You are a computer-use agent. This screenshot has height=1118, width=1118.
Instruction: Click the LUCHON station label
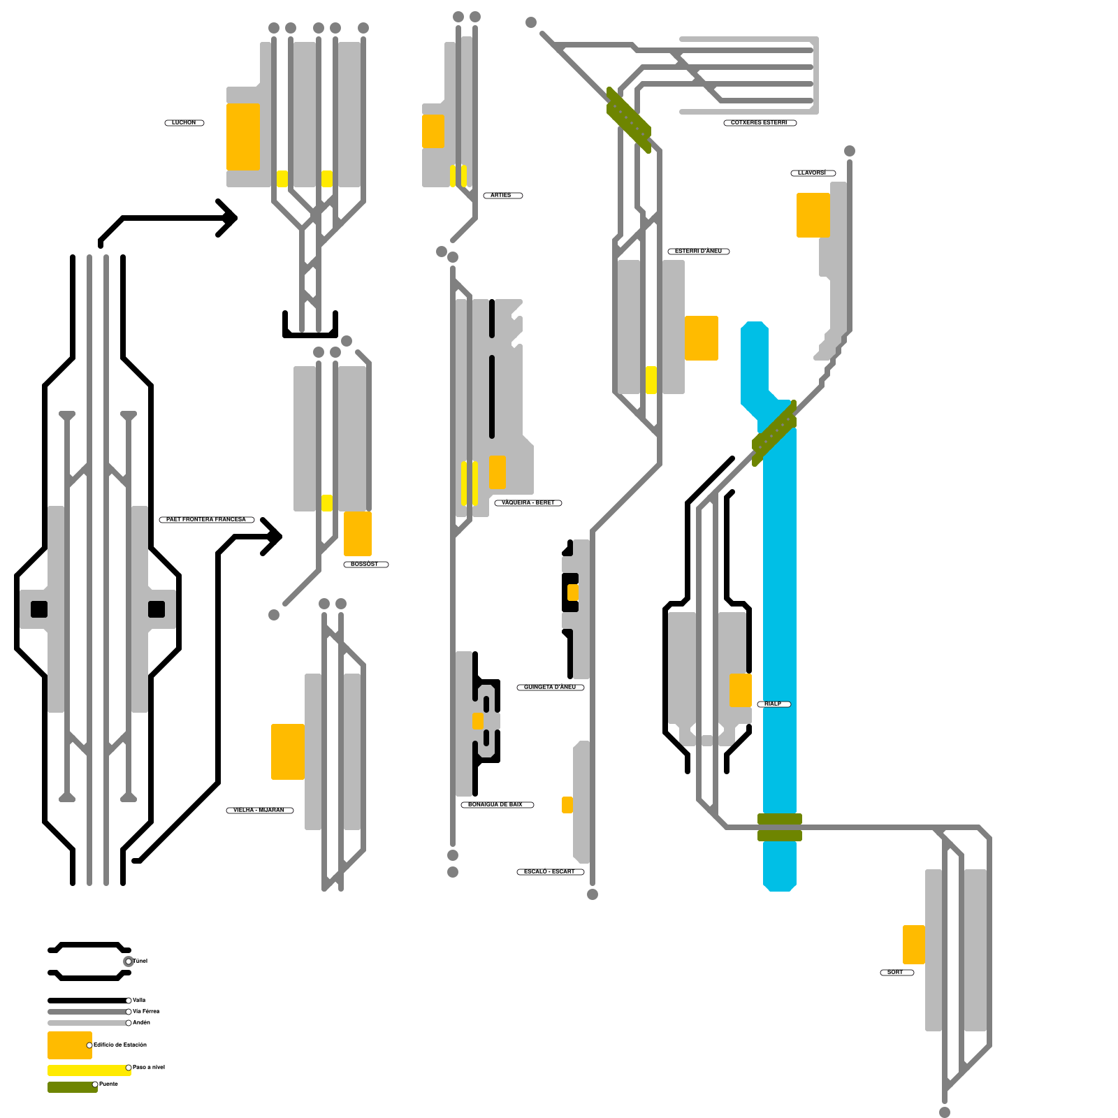coord(184,123)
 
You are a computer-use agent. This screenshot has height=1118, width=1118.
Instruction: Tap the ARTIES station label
coord(502,196)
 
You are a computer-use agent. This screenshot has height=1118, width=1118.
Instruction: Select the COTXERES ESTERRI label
coord(759,123)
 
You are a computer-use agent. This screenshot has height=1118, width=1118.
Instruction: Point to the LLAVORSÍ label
coord(812,173)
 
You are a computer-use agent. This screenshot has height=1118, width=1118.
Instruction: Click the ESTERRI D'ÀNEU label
coord(698,252)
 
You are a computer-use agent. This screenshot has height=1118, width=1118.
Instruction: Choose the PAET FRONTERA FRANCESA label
coord(206,520)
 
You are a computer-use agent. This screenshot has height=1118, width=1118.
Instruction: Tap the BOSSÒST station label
coord(365,565)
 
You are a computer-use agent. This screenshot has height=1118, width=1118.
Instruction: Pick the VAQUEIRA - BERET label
coord(528,503)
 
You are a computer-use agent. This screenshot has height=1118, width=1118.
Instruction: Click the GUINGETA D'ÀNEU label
coord(550,688)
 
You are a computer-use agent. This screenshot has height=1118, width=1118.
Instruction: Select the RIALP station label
coord(773,704)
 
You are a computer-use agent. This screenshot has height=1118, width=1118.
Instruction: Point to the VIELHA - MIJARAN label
coord(259,811)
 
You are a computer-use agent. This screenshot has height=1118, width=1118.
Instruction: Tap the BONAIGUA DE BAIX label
coord(496,805)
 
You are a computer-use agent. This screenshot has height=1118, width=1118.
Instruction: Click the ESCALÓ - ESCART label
coord(550,872)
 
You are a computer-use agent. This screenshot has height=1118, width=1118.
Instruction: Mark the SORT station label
coord(896,973)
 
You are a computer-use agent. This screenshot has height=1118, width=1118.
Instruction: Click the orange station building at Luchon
coord(242,136)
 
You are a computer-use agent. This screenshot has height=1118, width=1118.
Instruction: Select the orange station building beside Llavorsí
coord(813,215)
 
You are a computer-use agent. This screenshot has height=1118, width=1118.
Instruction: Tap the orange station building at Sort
coord(913,945)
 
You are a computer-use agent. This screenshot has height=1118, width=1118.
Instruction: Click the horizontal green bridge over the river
coord(779,827)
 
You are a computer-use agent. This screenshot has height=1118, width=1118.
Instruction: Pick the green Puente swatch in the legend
coord(71,1087)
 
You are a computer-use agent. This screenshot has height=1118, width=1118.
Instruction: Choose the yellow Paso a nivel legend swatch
coord(88,1070)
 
